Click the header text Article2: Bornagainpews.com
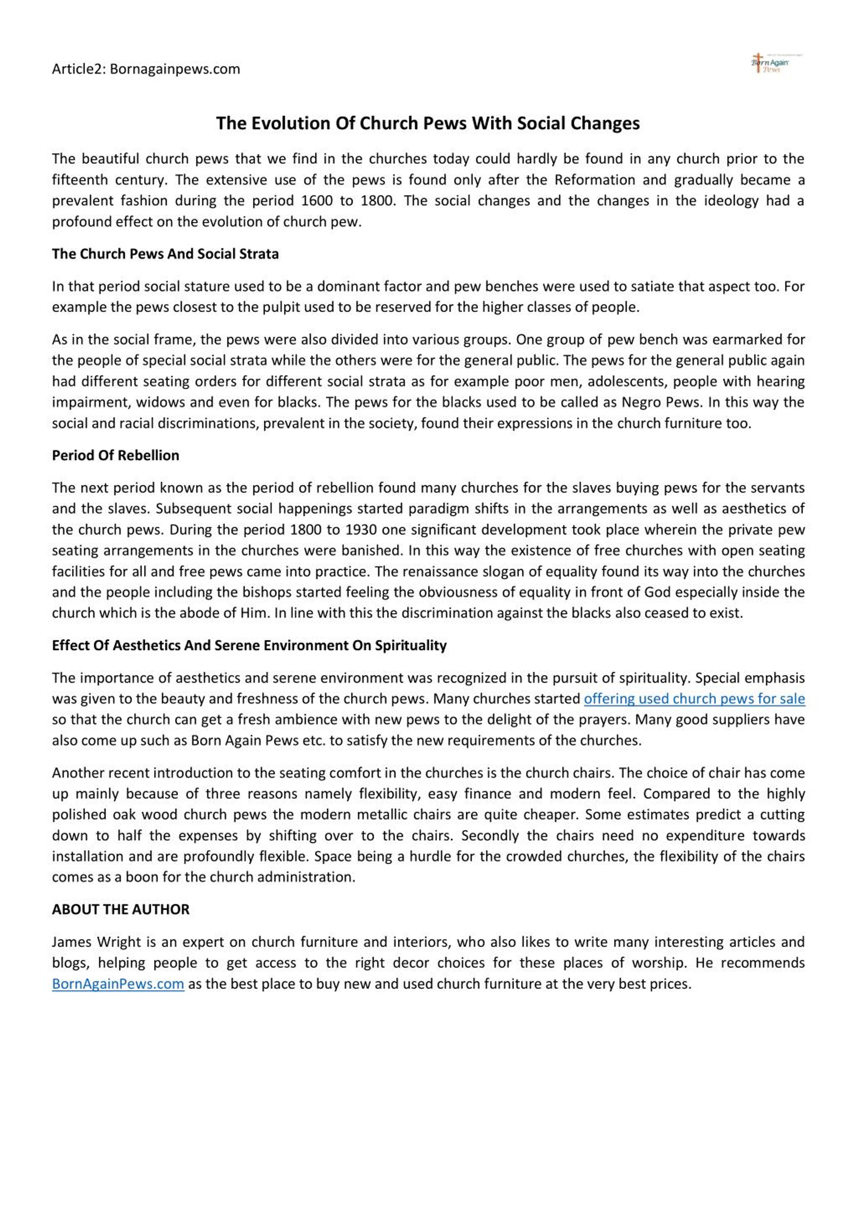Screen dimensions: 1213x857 [x=146, y=69]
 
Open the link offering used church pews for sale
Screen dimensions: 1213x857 [x=694, y=699]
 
